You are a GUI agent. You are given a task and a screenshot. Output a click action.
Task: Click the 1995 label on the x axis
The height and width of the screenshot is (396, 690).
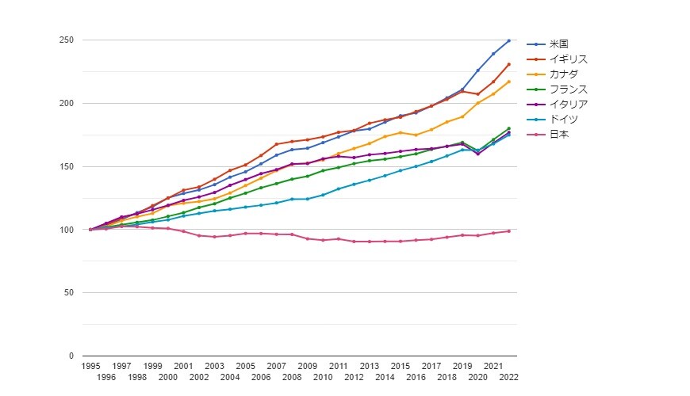click(90, 367)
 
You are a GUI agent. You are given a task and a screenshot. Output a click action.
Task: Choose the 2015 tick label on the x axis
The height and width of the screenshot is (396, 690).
click(400, 367)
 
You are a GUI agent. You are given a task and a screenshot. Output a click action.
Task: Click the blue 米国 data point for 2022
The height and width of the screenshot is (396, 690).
click(508, 40)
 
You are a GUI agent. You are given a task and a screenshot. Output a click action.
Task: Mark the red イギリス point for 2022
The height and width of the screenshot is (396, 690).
click(508, 64)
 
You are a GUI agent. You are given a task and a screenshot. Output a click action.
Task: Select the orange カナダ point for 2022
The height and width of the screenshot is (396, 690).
click(508, 82)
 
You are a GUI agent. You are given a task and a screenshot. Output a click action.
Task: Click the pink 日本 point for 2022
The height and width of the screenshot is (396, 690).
click(508, 231)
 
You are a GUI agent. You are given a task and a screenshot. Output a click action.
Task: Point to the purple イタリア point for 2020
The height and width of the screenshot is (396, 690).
click(477, 154)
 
